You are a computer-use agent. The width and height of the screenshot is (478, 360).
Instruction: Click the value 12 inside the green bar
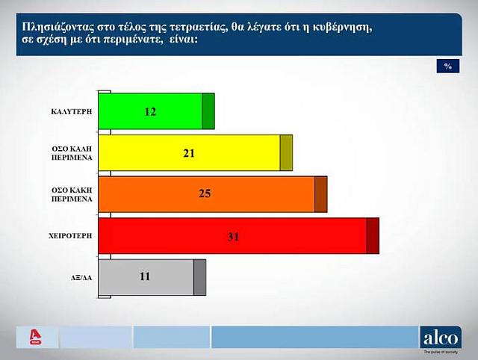coord(150,112)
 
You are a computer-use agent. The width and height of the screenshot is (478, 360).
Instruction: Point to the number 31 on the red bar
coord(232,237)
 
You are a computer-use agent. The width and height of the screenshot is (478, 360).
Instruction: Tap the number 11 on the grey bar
coord(145,277)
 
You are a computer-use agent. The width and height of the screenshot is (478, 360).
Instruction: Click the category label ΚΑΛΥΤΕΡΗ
coord(72,110)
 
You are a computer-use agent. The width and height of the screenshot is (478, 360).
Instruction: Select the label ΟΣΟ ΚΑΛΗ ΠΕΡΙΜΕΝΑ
coord(72,153)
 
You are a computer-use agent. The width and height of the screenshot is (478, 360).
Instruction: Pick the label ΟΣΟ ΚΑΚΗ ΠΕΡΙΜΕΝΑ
coord(72,195)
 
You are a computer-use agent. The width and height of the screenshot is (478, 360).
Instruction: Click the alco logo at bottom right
coord(441,337)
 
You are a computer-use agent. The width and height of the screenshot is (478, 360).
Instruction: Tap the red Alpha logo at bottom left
coord(33,337)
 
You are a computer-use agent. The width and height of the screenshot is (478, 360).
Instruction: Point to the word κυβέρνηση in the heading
coord(340,25)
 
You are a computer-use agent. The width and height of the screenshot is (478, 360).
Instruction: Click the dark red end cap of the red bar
coord(373,236)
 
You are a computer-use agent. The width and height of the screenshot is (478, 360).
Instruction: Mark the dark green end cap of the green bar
coord(208,111)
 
